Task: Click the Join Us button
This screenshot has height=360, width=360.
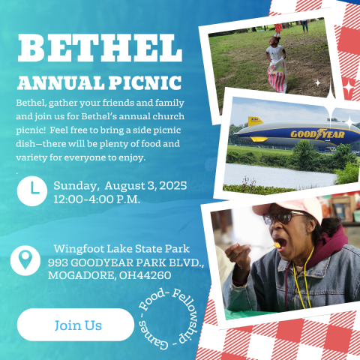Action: (76, 325)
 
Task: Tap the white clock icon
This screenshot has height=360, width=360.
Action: (32, 191)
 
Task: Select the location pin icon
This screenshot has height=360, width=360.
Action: (25, 260)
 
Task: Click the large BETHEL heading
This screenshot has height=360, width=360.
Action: (100, 48)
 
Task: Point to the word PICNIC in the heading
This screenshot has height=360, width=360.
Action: (145, 83)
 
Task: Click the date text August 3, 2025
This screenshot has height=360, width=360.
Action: (145, 186)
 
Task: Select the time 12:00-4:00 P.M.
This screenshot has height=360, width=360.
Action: (97, 199)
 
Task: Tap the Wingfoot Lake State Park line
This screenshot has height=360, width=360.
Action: (121, 249)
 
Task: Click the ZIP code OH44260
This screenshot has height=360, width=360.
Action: (145, 275)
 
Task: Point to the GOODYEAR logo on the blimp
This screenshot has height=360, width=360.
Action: (317, 134)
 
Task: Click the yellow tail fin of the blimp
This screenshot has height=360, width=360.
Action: (255, 121)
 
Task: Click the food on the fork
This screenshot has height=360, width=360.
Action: (277, 245)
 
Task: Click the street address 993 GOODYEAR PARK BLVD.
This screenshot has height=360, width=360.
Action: (126, 262)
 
